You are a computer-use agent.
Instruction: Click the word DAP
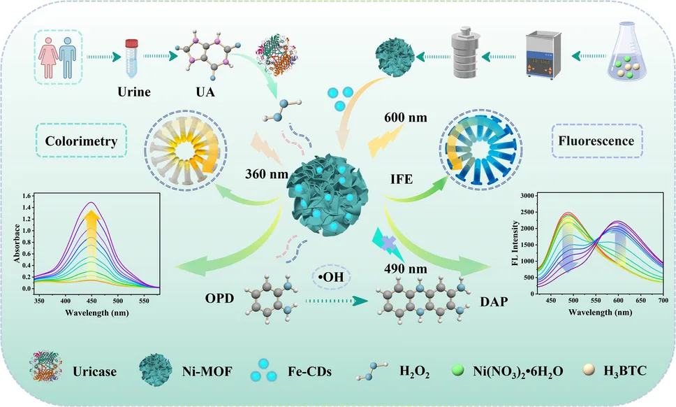(493, 301)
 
